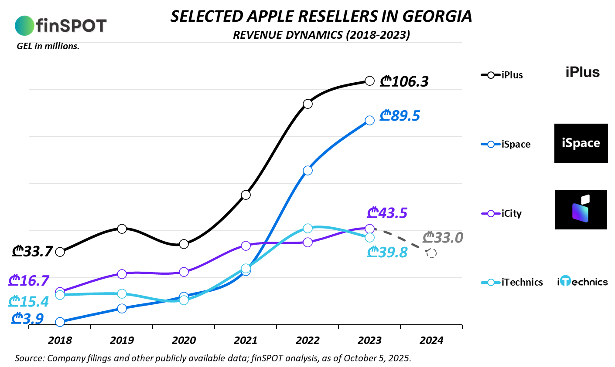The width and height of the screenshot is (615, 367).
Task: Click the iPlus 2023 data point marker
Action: click(x=369, y=81)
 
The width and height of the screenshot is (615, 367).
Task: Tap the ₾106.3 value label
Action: click(x=404, y=81)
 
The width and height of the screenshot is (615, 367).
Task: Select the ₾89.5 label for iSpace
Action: click(x=400, y=116)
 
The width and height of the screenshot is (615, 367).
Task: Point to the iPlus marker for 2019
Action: click(x=122, y=229)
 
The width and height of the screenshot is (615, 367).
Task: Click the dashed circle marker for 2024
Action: click(x=431, y=253)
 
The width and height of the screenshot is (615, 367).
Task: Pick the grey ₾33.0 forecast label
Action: click(x=443, y=238)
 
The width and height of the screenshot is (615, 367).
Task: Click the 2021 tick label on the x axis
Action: click(x=246, y=340)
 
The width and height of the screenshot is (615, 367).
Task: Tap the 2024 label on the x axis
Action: click(x=431, y=340)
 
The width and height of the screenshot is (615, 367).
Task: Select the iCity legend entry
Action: click(x=502, y=213)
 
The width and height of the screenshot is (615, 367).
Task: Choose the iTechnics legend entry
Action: click(x=512, y=282)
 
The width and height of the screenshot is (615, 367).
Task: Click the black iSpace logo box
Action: click(x=581, y=143)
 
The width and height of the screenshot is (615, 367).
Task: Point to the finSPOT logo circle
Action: click(x=24, y=26)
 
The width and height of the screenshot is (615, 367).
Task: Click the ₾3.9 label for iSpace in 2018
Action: click(x=28, y=319)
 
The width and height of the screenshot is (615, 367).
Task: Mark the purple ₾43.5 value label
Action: click(x=387, y=213)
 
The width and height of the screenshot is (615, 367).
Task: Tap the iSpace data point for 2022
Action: click(x=307, y=170)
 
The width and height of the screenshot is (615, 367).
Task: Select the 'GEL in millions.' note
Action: click(x=48, y=46)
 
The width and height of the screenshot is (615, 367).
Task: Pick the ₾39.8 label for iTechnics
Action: click(x=387, y=252)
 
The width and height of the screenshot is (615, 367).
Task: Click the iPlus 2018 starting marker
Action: click(x=60, y=252)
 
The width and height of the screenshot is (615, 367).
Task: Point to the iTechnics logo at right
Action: click(x=582, y=282)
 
